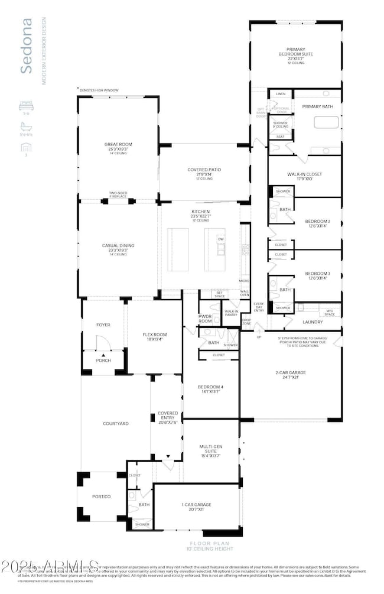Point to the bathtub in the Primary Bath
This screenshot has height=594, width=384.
[x=326, y=123]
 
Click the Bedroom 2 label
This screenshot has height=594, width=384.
[x=317, y=223]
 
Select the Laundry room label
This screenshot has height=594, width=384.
[x=313, y=322]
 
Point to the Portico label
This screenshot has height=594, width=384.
[x=101, y=496]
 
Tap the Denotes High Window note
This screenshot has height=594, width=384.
[x=99, y=90]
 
